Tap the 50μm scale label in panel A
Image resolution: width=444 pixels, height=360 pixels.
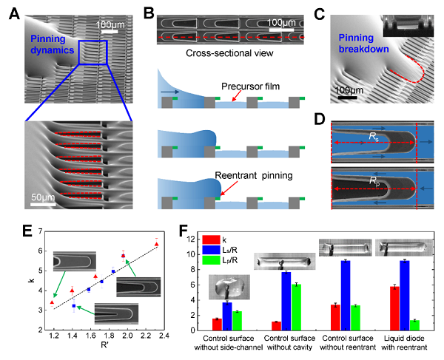pos(46,199)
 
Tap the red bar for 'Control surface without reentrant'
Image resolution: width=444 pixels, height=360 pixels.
pos(335,316)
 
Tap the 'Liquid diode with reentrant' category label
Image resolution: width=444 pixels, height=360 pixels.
pos(404,344)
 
